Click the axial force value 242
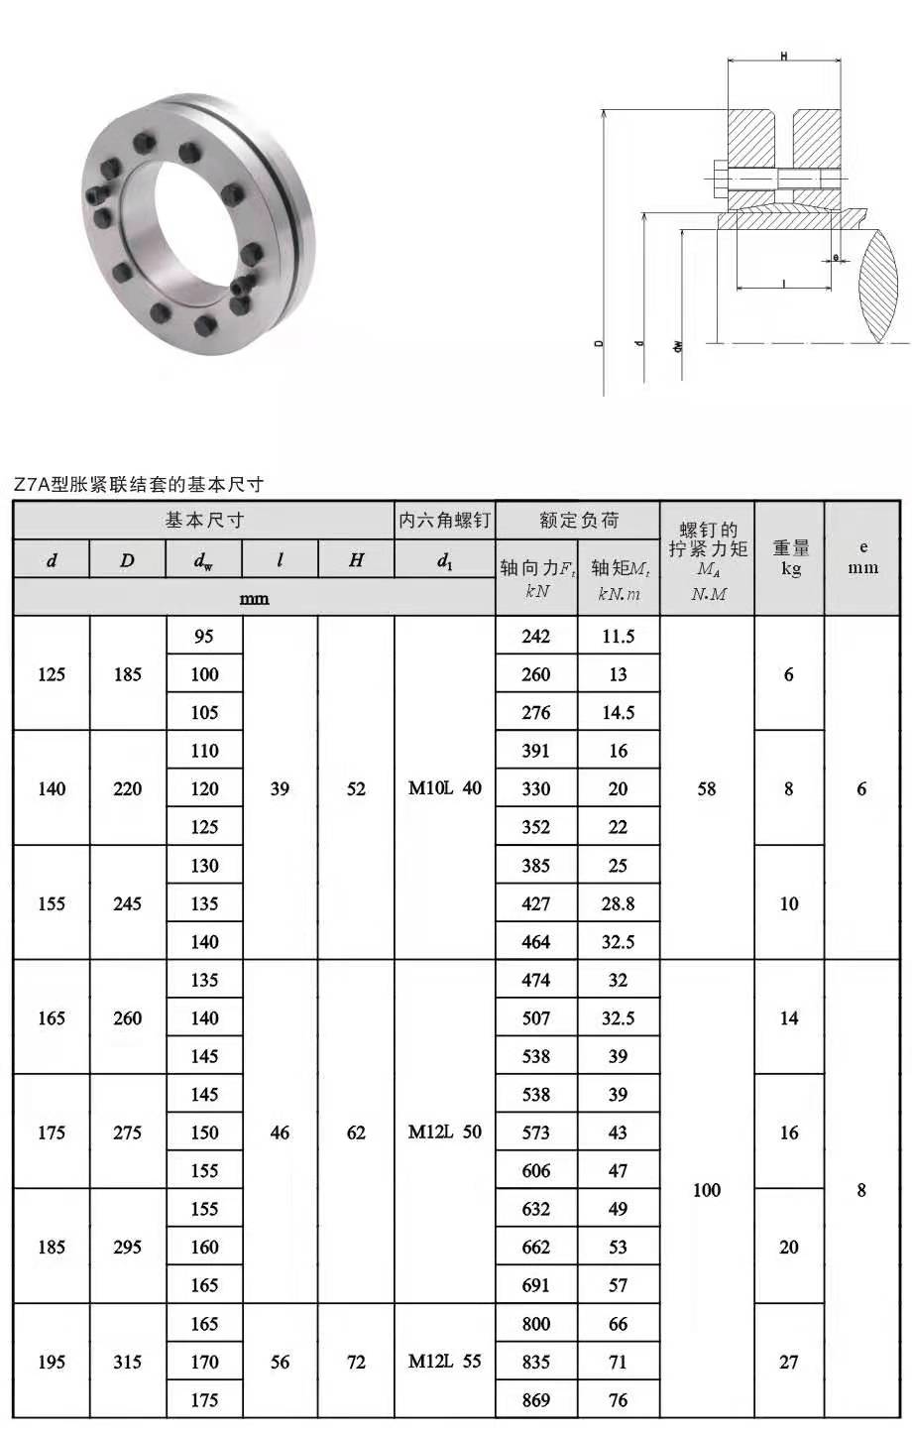tap(535, 637)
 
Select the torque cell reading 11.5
tap(618, 637)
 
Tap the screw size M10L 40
tap(445, 789)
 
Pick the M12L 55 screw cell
tap(445, 1362)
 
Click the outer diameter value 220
tap(128, 789)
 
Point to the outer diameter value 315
tap(128, 1362)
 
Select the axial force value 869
tap(535, 1400)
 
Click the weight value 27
tap(789, 1362)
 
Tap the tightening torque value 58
tap(707, 789)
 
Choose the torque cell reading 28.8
tap(618, 903)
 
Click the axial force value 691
tap(535, 1285)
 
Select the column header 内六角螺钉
tap(445, 521)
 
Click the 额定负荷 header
tap(578, 521)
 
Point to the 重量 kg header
tap(790, 558)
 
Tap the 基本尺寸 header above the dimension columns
tap(204, 521)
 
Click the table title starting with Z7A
tap(139, 485)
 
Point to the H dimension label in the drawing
tap(784, 57)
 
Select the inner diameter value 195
tap(52, 1362)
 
